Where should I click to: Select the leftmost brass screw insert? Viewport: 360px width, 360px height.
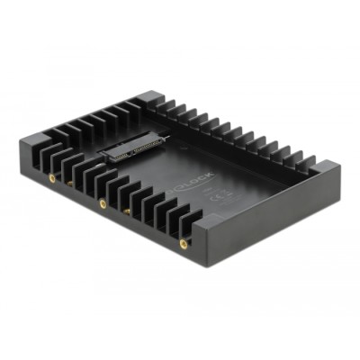51,179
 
